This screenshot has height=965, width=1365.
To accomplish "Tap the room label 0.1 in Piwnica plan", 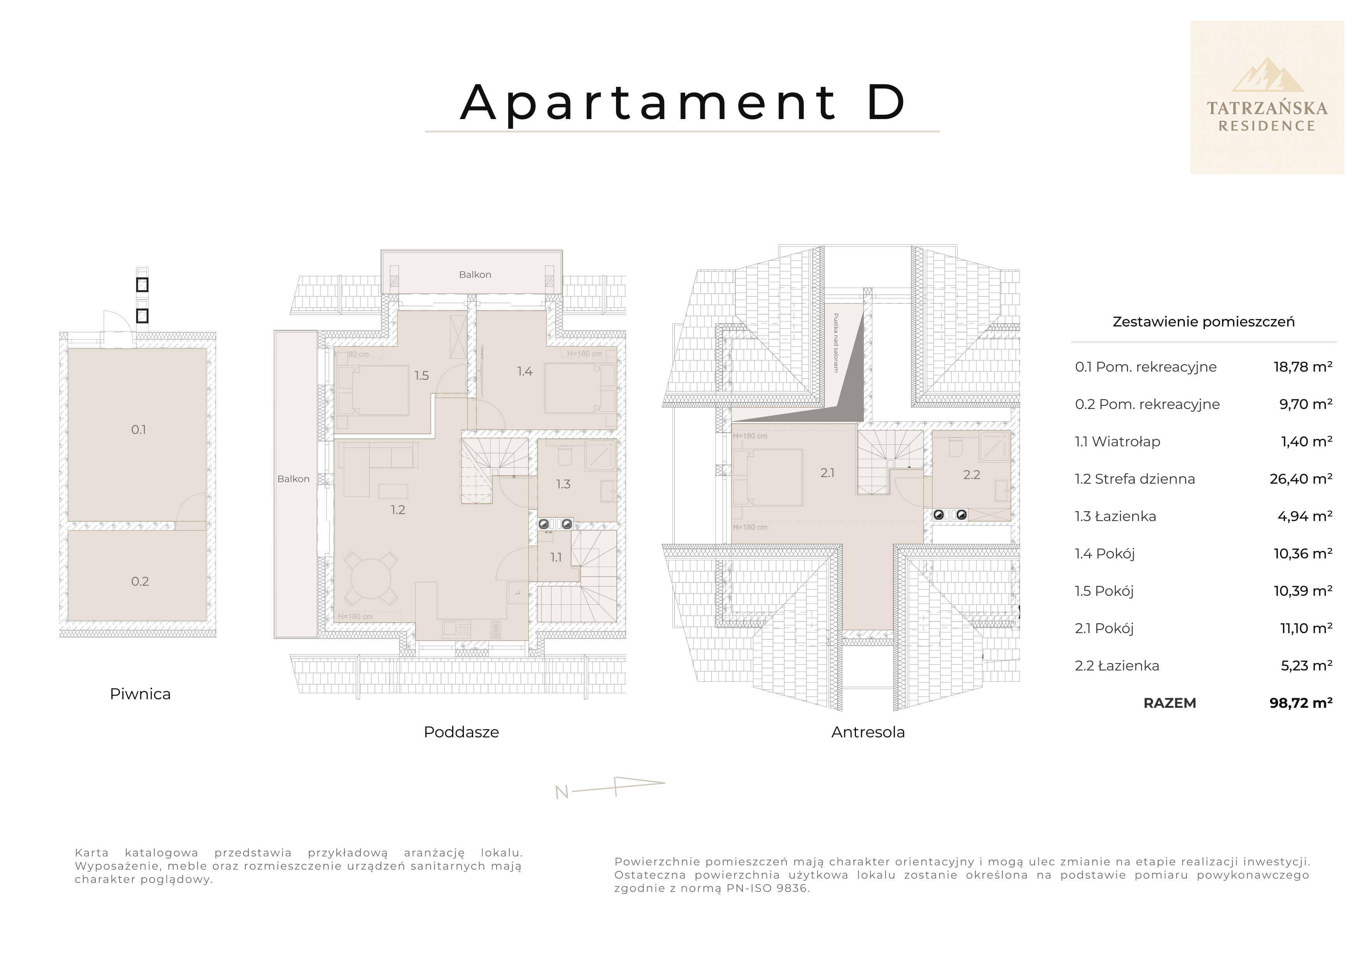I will [x=139, y=429].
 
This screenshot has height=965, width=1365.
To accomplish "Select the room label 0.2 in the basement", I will [x=140, y=581].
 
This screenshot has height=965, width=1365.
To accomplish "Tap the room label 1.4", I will [x=525, y=372].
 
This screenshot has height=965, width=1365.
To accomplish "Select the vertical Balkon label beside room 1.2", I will [x=293, y=479].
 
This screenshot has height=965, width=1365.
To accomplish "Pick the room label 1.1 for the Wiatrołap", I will [x=555, y=557].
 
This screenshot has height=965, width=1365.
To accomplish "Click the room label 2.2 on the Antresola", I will [x=972, y=474].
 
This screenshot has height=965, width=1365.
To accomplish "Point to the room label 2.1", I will [x=827, y=473].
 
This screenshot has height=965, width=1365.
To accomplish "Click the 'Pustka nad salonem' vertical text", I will [x=836, y=343].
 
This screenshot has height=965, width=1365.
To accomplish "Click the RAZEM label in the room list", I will [x=1169, y=703].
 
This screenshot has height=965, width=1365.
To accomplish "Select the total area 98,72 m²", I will [x=1301, y=703].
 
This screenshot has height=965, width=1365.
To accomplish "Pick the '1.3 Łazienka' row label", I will [x=1115, y=516].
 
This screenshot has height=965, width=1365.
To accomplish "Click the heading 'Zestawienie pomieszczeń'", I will [x=1203, y=322].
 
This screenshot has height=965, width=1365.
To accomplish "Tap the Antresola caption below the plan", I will [x=867, y=732].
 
